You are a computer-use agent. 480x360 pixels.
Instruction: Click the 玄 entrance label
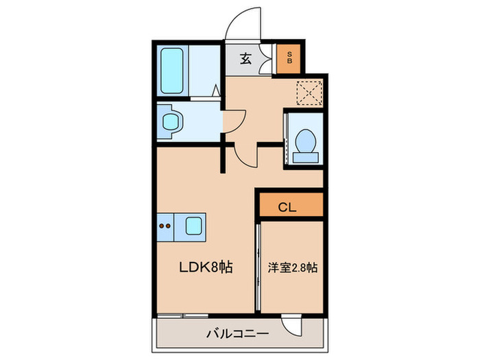[245, 59]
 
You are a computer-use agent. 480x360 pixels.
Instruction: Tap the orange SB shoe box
[289, 58]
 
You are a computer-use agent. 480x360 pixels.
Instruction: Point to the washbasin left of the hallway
[171, 122]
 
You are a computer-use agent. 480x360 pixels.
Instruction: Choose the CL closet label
[289, 205]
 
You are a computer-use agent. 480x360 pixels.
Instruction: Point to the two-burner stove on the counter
[165, 225]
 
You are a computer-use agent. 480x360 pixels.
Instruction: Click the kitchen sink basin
[193, 225]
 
